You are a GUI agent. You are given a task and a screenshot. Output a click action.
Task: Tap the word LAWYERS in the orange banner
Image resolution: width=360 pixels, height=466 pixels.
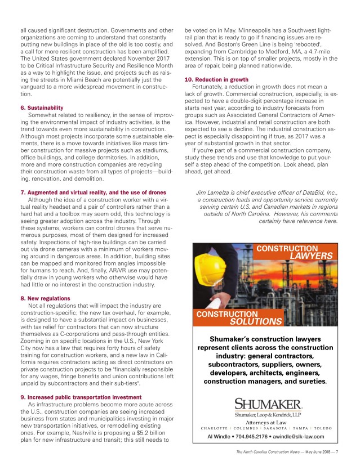point(311,256)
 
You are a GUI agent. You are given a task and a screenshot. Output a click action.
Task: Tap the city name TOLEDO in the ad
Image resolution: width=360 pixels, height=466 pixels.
point(323,428)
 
